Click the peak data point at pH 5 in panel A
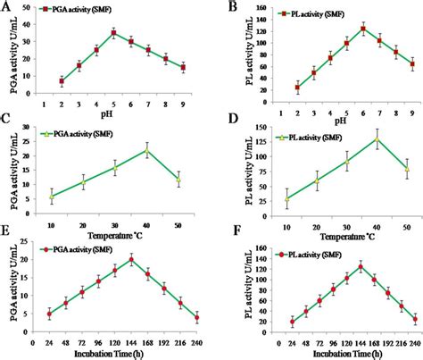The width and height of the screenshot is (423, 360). [x=113, y=33]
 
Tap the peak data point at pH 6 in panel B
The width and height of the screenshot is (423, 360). [x=338, y=29]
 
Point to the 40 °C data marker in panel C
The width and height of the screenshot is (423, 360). [x=147, y=150]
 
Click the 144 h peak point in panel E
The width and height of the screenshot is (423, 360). [x=131, y=260]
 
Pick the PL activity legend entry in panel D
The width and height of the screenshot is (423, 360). [x=294, y=138]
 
